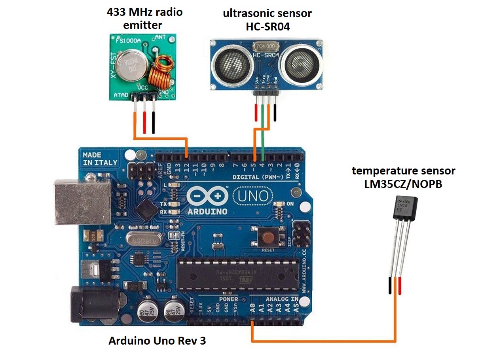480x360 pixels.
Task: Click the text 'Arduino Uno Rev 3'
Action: tap(157, 341)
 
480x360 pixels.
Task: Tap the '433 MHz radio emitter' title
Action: tap(145, 19)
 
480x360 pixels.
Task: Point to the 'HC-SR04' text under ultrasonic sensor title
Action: tap(267, 26)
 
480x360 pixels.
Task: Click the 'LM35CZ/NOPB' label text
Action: tap(404, 185)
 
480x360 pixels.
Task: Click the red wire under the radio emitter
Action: tap(144, 123)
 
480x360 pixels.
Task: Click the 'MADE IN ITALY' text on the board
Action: tap(100, 158)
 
